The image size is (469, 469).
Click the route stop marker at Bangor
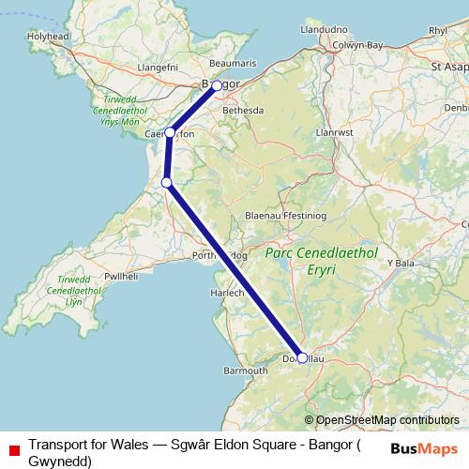tap(217, 85)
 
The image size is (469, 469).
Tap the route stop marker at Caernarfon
tap(169, 133)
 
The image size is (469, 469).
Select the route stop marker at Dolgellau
tap(302, 357)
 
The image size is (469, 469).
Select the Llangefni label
tap(158, 68)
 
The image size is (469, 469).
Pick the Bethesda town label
tap(242, 110)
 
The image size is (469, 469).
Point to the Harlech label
tap(231, 294)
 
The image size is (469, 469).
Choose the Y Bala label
tap(401, 265)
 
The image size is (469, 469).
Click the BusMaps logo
tap(424, 447)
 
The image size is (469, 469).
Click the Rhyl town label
tap(438, 30)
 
